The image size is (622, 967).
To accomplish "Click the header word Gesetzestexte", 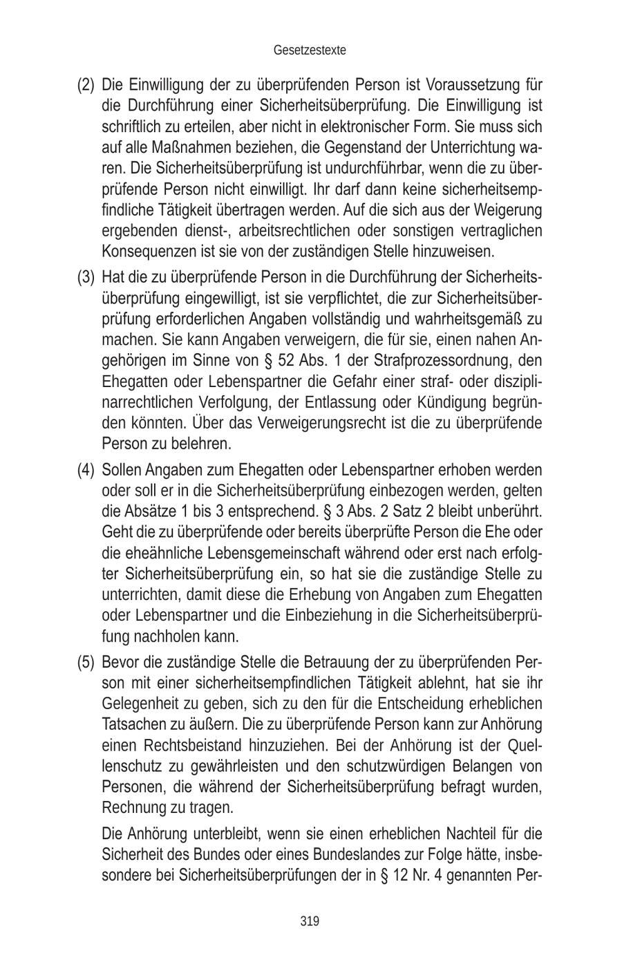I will (x=310, y=50).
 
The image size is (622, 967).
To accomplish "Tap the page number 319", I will (x=310, y=920).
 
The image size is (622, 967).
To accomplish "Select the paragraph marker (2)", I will (x=85, y=86).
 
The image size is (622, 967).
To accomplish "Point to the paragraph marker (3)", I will (x=85, y=278).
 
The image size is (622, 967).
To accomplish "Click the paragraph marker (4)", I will (x=85, y=470).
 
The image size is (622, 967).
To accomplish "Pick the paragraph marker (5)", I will (x=85, y=662).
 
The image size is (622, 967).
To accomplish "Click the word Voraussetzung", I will (x=471, y=86).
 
